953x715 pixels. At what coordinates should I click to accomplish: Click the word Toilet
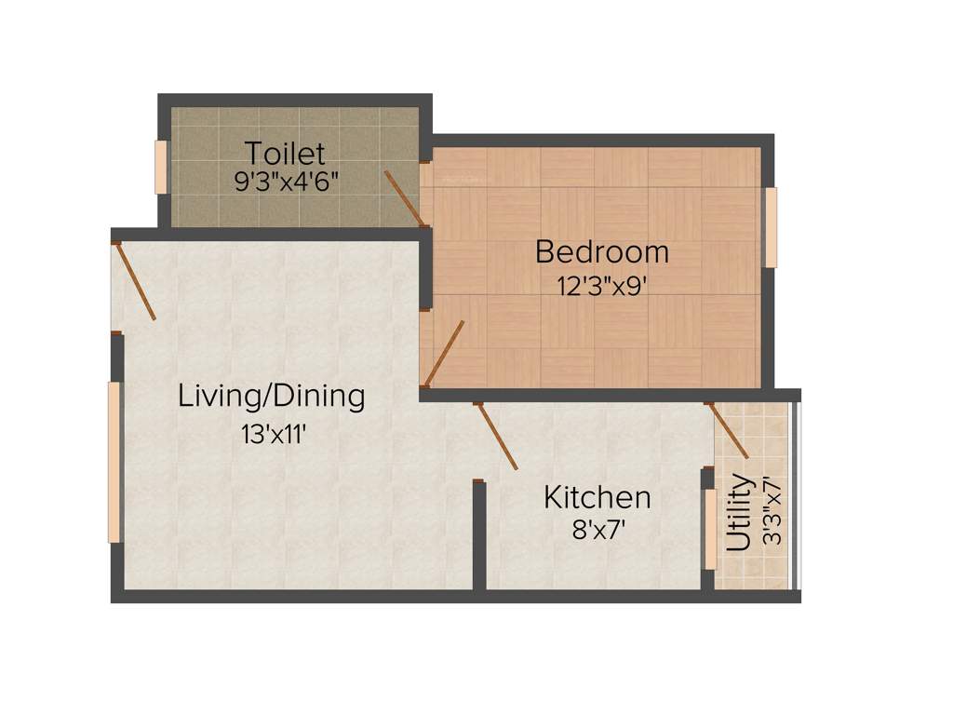click(x=285, y=153)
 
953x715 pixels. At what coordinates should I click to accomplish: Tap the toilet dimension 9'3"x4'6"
click(x=285, y=180)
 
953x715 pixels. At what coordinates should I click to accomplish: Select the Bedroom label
click(x=601, y=251)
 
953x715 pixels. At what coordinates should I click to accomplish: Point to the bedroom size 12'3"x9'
click(x=601, y=285)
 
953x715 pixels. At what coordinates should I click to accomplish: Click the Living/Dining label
click(x=272, y=396)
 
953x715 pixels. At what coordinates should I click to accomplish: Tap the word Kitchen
click(x=597, y=496)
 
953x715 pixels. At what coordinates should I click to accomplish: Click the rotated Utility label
click(x=740, y=514)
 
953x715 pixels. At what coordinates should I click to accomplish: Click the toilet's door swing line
click(x=406, y=198)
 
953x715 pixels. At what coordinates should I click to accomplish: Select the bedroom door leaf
click(x=444, y=353)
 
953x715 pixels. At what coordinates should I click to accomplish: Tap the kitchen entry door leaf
click(x=497, y=436)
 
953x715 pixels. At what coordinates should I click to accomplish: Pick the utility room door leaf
click(x=728, y=430)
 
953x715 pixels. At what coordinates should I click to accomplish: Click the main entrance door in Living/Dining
click(x=135, y=280)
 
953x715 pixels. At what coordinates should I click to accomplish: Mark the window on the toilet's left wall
click(x=161, y=167)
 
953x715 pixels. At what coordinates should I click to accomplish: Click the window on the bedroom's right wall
click(x=771, y=227)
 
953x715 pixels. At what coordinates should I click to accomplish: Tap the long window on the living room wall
click(x=114, y=462)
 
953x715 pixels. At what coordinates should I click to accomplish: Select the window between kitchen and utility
click(x=710, y=529)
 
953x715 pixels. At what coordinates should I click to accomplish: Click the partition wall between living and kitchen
click(x=478, y=537)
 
